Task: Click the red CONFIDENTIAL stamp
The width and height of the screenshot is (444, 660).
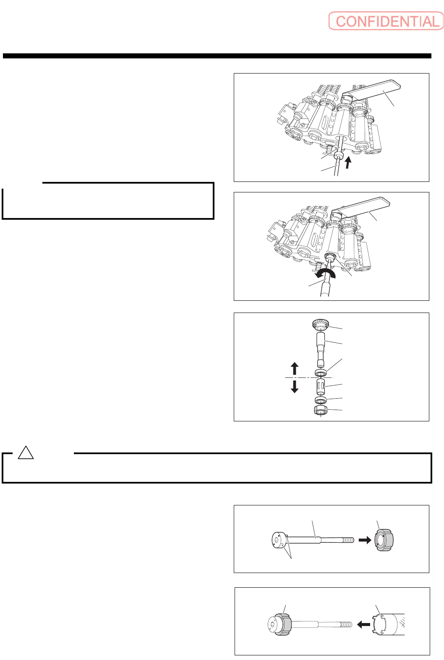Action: pyautogui.click(x=386, y=21)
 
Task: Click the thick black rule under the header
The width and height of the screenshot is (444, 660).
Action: pyautogui.click(x=217, y=56)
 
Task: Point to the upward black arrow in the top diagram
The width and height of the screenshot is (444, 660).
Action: pyautogui.click(x=347, y=162)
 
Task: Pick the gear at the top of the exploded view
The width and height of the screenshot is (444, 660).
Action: pyautogui.click(x=321, y=325)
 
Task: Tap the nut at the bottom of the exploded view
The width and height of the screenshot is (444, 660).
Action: pyautogui.click(x=321, y=410)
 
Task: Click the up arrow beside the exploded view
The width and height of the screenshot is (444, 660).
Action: pyautogui.click(x=295, y=368)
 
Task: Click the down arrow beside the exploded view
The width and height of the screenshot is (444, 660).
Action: pyautogui.click(x=295, y=386)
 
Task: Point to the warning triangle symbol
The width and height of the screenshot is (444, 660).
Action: pyautogui.click(x=26, y=453)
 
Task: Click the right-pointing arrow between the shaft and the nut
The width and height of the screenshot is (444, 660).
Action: pyautogui.click(x=365, y=540)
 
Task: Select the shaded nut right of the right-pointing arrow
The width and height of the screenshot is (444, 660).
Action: pyautogui.click(x=384, y=540)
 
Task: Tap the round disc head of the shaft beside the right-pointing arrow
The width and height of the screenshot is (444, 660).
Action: pyautogui.click(x=279, y=540)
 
